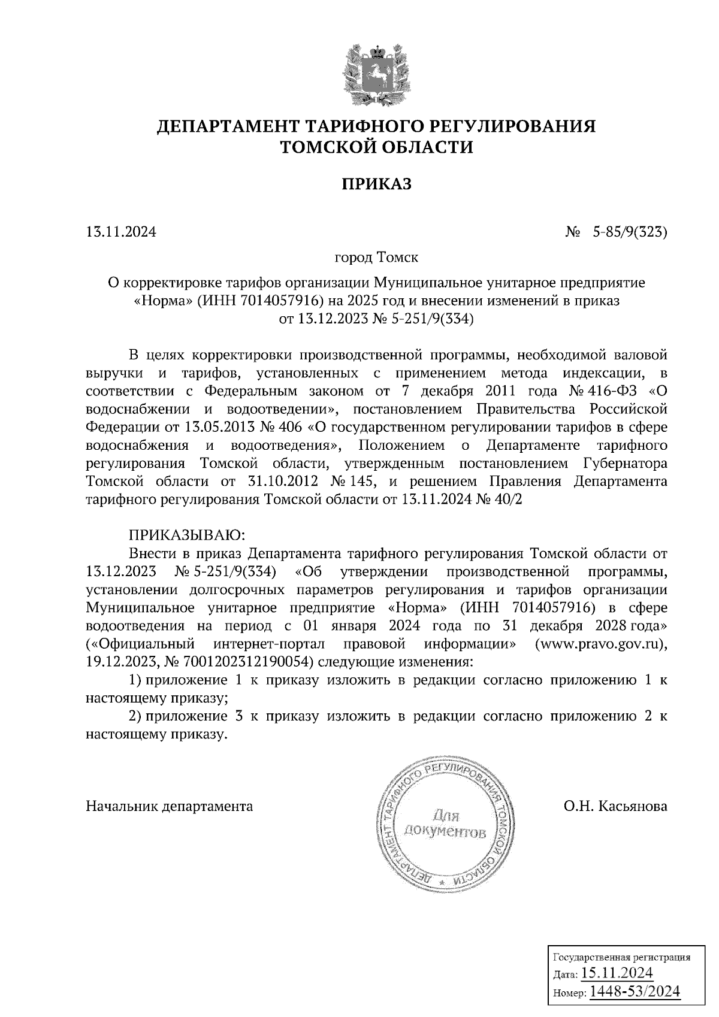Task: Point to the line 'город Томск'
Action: click(376, 258)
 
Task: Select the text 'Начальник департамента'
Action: click(170, 806)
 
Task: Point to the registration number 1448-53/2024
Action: click(635, 991)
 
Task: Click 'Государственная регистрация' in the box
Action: click(621, 957)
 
